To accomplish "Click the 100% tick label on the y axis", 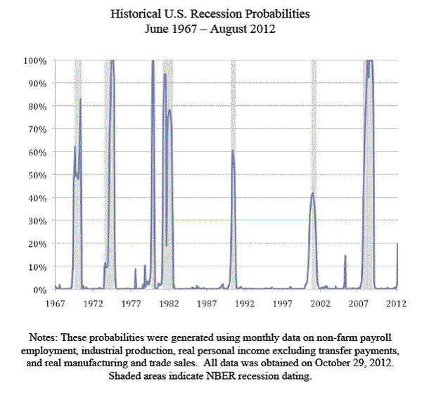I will (x=35, y=60).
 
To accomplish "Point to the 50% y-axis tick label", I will (x=37, y=175).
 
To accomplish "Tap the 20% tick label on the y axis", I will (x=37, y=244).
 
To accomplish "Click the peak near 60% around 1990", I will (x=232, y=150).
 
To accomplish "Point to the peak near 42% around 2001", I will (x=312, y=193).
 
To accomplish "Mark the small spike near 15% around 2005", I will (x=345, y=256).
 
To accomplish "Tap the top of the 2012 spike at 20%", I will (x=397, y=244).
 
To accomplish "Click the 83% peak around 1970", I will (x=80, y=99).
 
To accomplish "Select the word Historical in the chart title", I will (x=136, y=13).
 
